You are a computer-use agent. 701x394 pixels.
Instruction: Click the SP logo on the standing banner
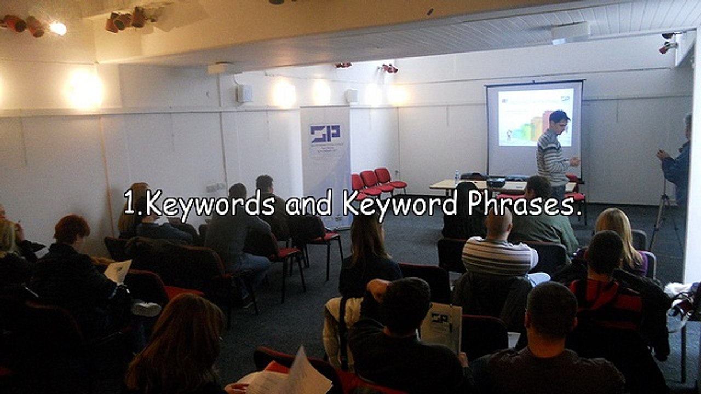click(x=325, y=133)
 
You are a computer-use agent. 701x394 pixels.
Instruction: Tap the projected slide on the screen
click(x=534, y=117)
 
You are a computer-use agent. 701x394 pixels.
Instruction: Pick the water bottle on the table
click(x=457, y=177)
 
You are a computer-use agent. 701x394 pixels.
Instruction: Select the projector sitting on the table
click(x=495, y=182)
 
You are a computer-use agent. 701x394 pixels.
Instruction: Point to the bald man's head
click(x=498, y=224)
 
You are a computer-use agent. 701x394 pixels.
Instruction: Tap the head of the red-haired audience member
click(x=71, y=229)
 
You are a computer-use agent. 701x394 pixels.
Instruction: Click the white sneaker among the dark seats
click(x=146, y=309)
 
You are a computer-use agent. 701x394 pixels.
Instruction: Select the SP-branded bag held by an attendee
click(x=440, y=326)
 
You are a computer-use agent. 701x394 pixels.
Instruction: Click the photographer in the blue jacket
click(x=678, y=164)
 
